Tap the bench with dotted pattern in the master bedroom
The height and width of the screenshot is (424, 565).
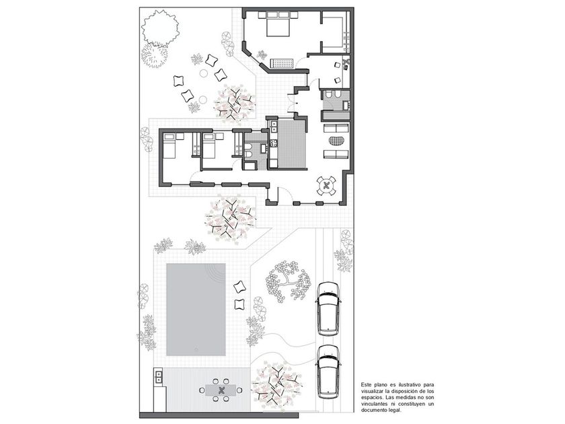click(282, 63)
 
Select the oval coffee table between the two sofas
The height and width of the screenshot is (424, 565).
click(337, 141)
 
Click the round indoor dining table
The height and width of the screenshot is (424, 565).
click(326, 186)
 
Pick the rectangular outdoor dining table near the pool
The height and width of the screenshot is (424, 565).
click(221, 390)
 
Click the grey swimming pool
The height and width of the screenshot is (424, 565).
click(196, 310)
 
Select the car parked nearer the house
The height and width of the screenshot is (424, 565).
click(328, 309)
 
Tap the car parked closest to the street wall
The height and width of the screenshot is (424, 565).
click(328, 372)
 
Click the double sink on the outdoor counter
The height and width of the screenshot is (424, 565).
click(158, 377)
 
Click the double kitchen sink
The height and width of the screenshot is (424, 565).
click(274, 127)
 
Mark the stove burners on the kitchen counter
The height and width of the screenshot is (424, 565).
click(274, 143)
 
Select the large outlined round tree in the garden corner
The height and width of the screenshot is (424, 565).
click(160, 28)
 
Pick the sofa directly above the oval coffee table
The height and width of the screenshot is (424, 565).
click(336, 128)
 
